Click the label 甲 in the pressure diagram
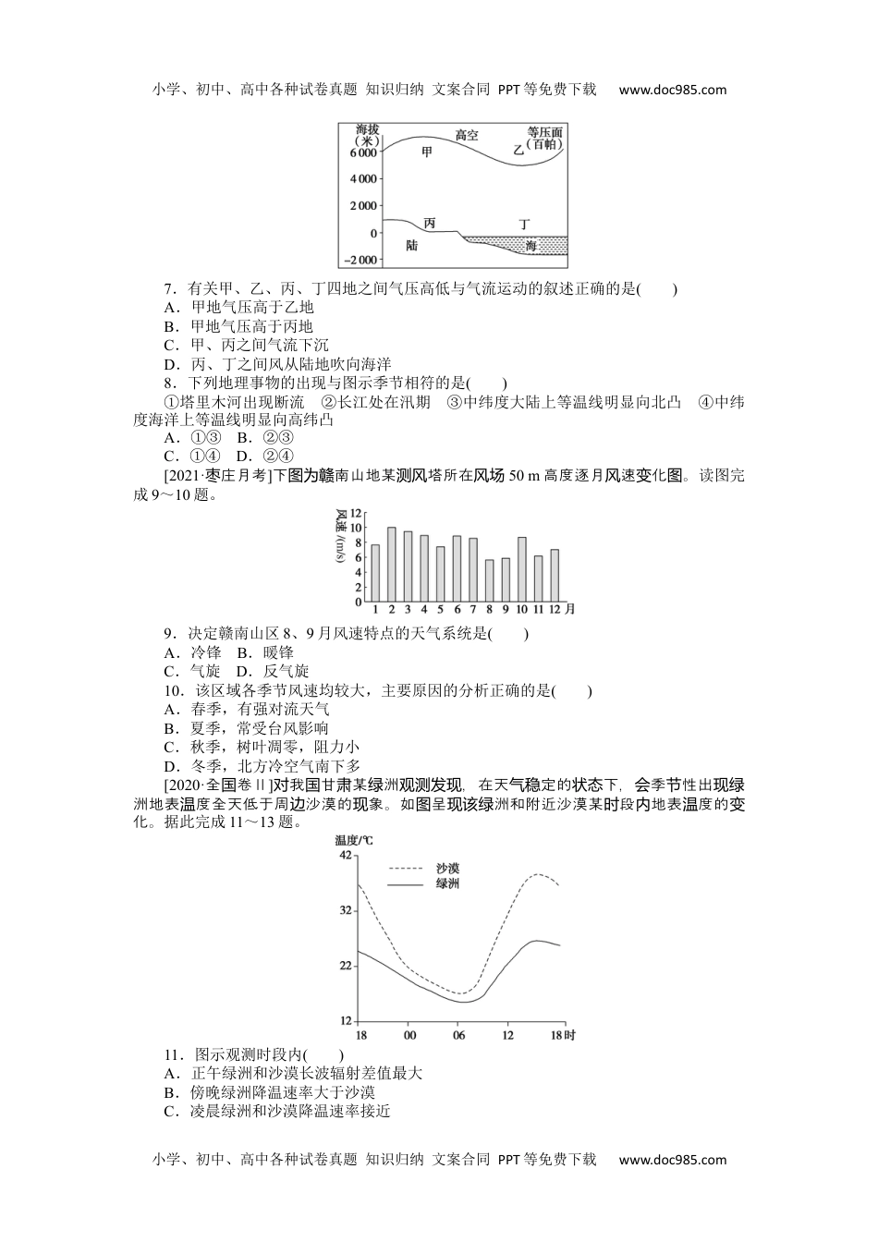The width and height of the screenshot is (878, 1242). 426,152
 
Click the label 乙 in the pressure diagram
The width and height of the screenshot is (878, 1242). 518,149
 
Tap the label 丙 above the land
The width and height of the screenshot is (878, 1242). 429,224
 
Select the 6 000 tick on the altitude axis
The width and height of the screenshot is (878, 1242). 360,152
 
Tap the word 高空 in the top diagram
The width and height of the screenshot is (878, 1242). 467,135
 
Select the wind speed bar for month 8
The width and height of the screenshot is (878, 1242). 489,580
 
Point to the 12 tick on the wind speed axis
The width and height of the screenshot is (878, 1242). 356,514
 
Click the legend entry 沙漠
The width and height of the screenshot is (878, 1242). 447,869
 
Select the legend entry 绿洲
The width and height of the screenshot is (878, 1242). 447,884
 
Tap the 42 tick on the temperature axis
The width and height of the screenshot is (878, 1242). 345,856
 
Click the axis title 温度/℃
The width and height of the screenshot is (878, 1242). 353,840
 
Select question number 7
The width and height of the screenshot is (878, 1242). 168,288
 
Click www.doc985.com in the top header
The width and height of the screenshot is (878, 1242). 672,90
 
